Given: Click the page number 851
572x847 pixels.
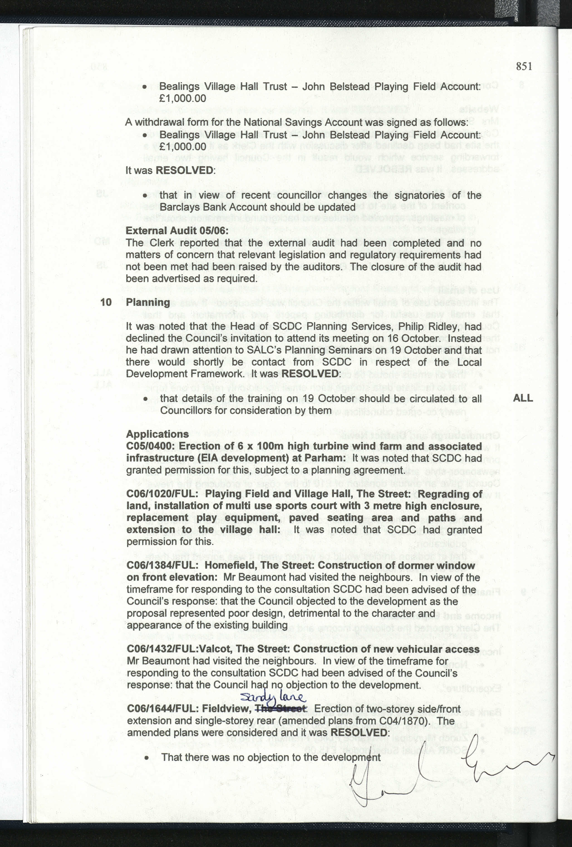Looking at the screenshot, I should coord(524,66).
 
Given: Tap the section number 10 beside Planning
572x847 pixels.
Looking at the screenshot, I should coord(106,302).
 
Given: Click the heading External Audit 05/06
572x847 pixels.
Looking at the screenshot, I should coord(177,231).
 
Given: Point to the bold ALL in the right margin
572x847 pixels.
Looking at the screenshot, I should coord(523,398).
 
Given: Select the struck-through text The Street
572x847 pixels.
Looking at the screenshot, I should coord(280,709).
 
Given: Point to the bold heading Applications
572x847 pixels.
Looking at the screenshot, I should coord(157,434).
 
